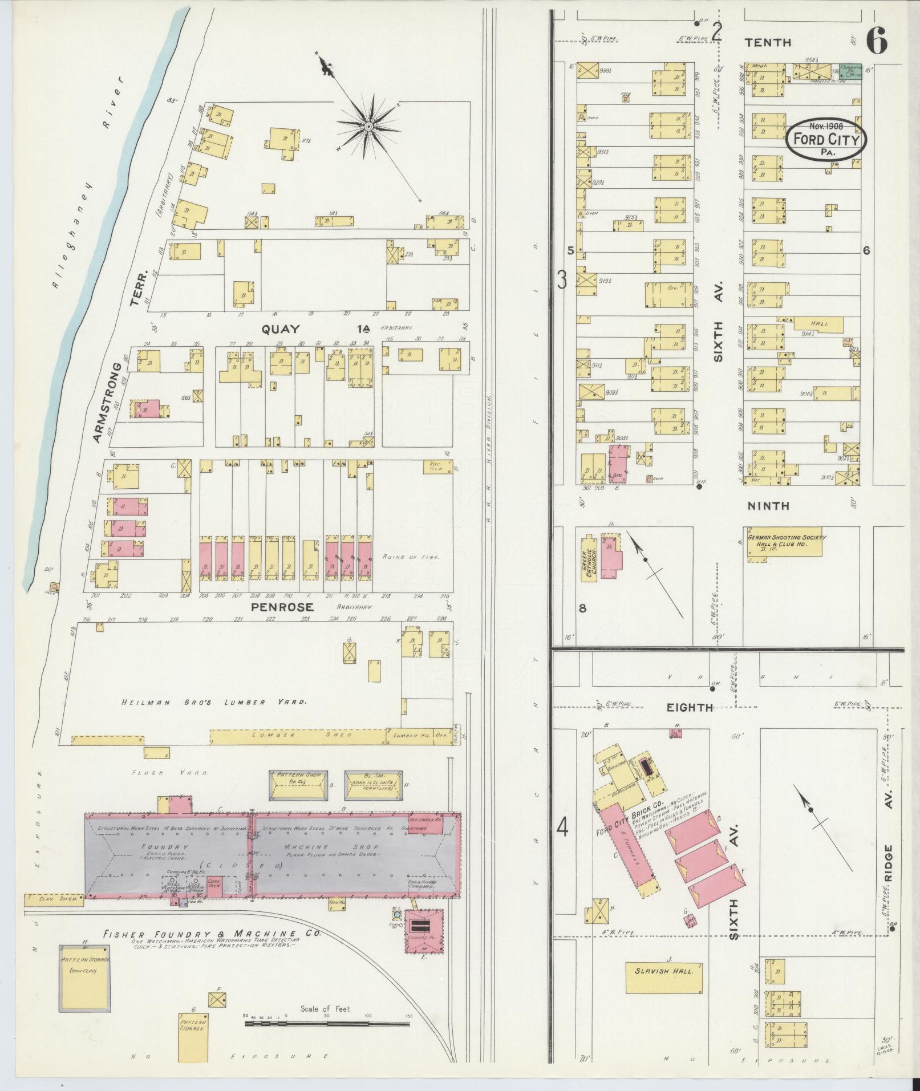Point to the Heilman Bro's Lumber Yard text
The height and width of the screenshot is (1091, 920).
[214, 702]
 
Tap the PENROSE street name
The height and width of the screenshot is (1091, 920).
[282, 606]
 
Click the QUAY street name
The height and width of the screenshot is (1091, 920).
[281, 328]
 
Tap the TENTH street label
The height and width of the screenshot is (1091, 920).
[769, 42]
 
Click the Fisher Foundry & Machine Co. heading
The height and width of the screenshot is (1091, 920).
[211, 934]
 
